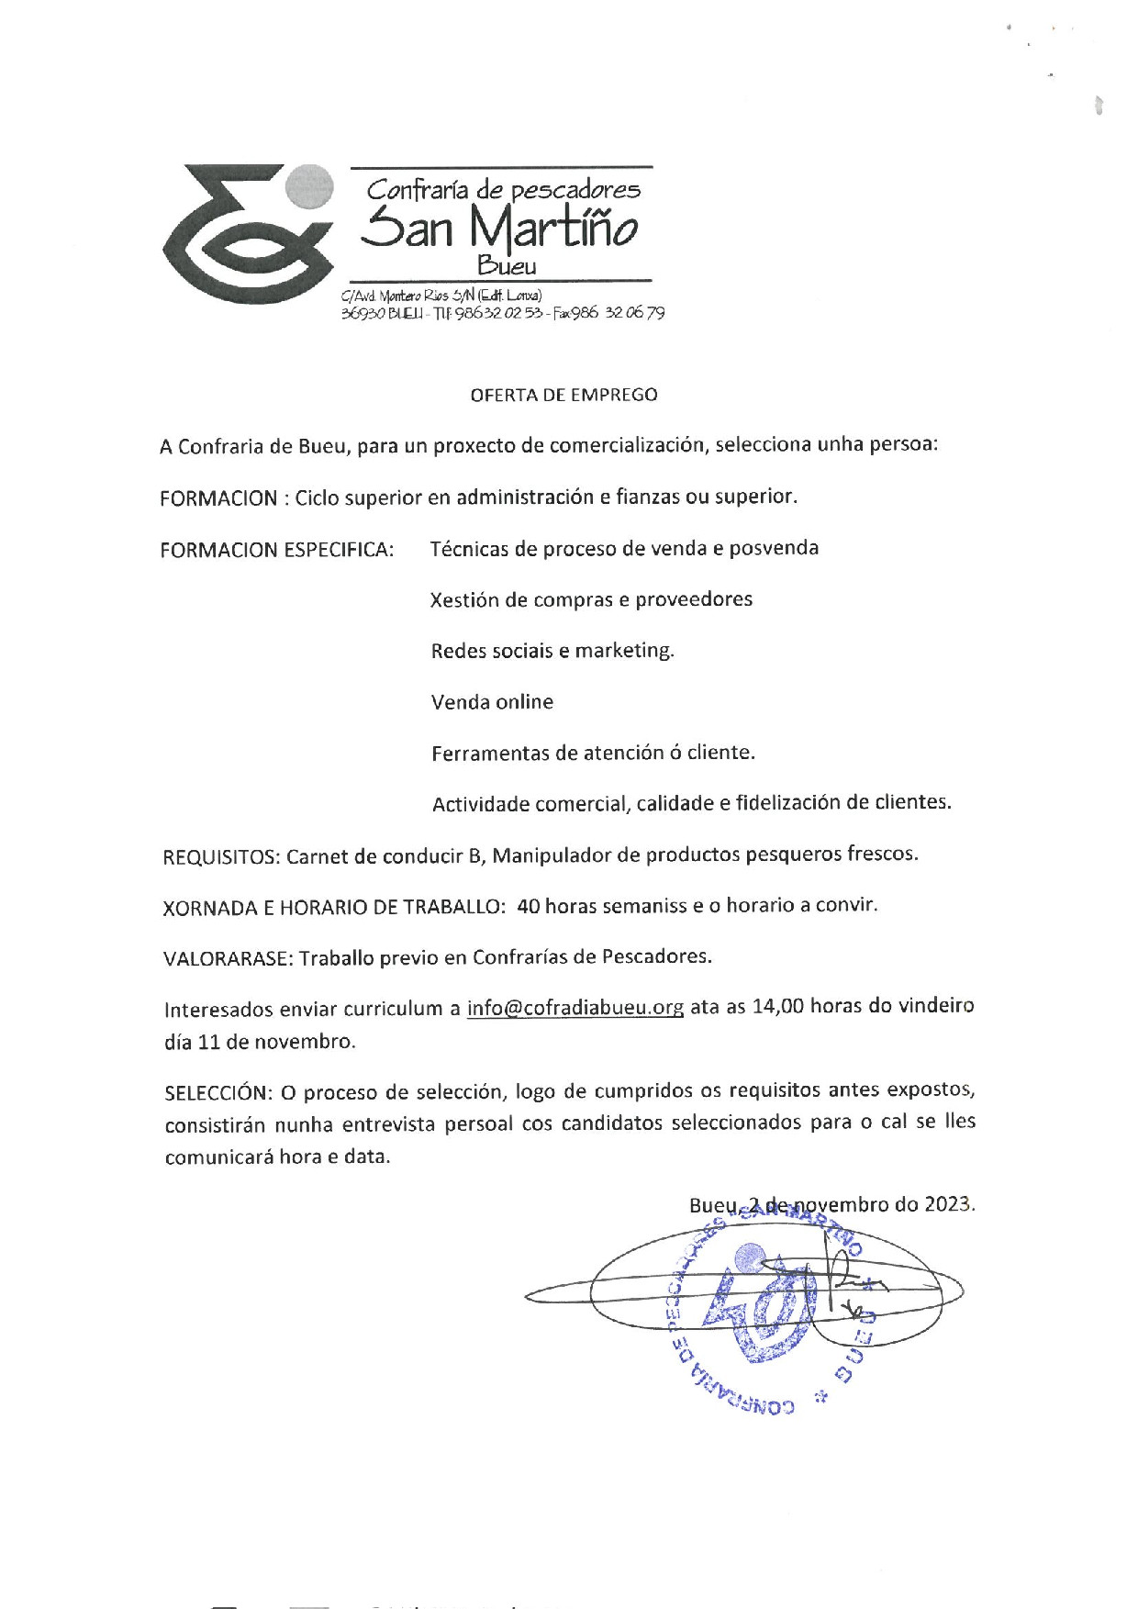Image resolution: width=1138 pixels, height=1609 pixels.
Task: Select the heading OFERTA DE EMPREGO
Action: point(563,395)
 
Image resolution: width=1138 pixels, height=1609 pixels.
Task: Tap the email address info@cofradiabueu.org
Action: point(575,1007)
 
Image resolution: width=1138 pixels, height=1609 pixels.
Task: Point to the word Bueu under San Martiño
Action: point(507,267)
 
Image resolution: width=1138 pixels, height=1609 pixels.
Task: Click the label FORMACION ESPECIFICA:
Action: point(277,550)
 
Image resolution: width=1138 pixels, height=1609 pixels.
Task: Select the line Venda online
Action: point(492,702)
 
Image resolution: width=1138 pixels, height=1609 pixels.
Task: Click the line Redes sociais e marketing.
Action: point(552,651)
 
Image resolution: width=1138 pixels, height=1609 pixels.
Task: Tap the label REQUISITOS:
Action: point(221,857)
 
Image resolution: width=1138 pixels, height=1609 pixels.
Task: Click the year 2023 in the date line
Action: point(948,1203)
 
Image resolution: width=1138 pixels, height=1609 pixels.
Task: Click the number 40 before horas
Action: point(529,906)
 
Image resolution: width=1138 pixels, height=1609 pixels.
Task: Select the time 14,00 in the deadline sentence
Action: point(777,1006)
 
